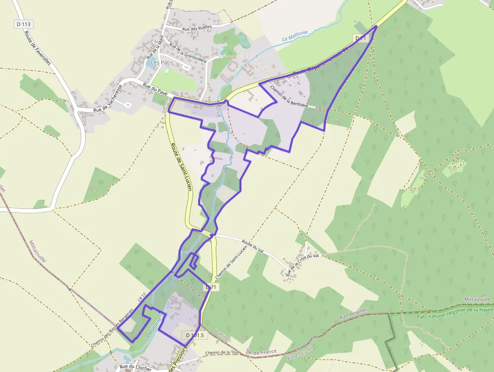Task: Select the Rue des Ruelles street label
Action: pyautogui.click(x=197, y=29)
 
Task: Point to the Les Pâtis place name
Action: pyautogui.click(x=161, y=63)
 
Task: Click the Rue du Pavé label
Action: pyautogui.click(x=155, y=89)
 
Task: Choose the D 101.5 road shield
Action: pyautogui.click(x=194, y=335)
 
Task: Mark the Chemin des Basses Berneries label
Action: pyautogui.click(x=112, y=328)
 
